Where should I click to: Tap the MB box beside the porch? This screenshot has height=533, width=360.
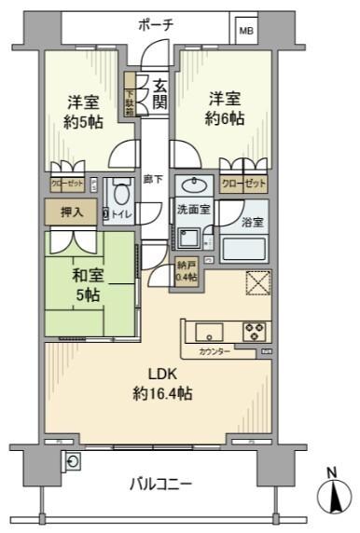[x=246, y=31]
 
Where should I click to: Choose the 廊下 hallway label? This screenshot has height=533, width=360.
[x=154, y=180]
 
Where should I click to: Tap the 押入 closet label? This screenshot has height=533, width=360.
[x=72, y=212]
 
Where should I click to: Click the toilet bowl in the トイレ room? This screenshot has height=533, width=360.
[x=119, y=196]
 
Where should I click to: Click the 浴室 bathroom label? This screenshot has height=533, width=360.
[x=253, y=222]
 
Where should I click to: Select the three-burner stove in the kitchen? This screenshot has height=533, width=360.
[x=254, y=331]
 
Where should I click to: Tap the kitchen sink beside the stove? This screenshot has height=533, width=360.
[x=208, y=331]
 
